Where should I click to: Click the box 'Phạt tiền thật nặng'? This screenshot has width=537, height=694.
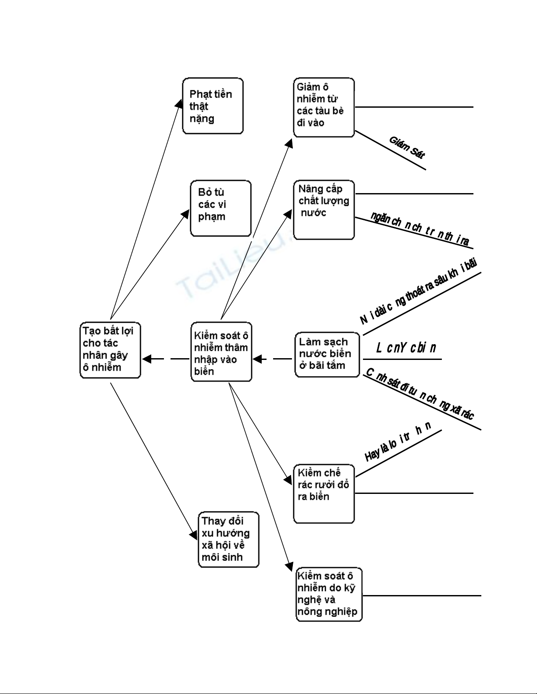point(213,106)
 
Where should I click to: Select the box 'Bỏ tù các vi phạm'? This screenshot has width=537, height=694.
point(220,208)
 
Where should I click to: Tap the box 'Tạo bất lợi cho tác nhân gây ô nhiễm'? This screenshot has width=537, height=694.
point(110,350)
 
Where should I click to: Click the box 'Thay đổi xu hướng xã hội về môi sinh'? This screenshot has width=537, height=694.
point(228,539)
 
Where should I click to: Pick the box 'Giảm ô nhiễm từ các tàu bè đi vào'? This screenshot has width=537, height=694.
point(324,108)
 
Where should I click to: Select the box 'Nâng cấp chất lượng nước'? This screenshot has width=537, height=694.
point(324,210)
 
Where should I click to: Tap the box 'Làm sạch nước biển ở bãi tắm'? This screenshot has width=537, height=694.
point(327,354)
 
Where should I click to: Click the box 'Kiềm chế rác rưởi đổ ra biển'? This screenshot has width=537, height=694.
point(324,493)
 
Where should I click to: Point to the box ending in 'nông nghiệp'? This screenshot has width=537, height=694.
point(329,594)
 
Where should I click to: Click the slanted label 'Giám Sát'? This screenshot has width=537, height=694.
point(407,147)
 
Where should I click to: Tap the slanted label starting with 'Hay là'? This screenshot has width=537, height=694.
point(398,441)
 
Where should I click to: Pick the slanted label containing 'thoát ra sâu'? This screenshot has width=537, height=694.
point(419,291)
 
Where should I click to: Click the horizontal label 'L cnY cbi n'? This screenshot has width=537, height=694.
point(406,348)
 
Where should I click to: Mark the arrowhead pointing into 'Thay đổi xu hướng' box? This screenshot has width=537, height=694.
point(194,535)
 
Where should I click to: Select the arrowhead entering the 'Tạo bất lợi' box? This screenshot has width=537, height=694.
point(146,359)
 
